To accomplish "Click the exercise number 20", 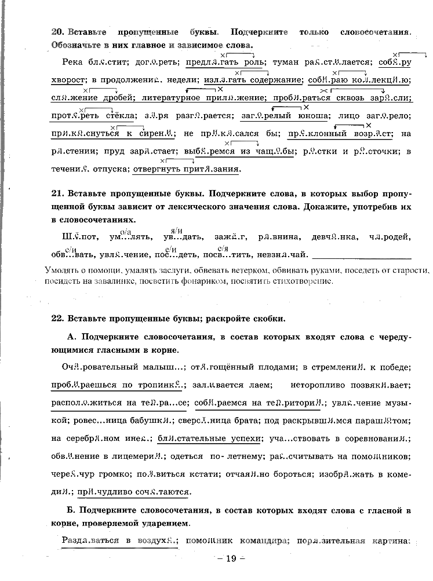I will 57,33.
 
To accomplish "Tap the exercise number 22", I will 57,319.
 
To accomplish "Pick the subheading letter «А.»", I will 72,337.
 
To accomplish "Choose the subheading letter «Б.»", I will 72,510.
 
